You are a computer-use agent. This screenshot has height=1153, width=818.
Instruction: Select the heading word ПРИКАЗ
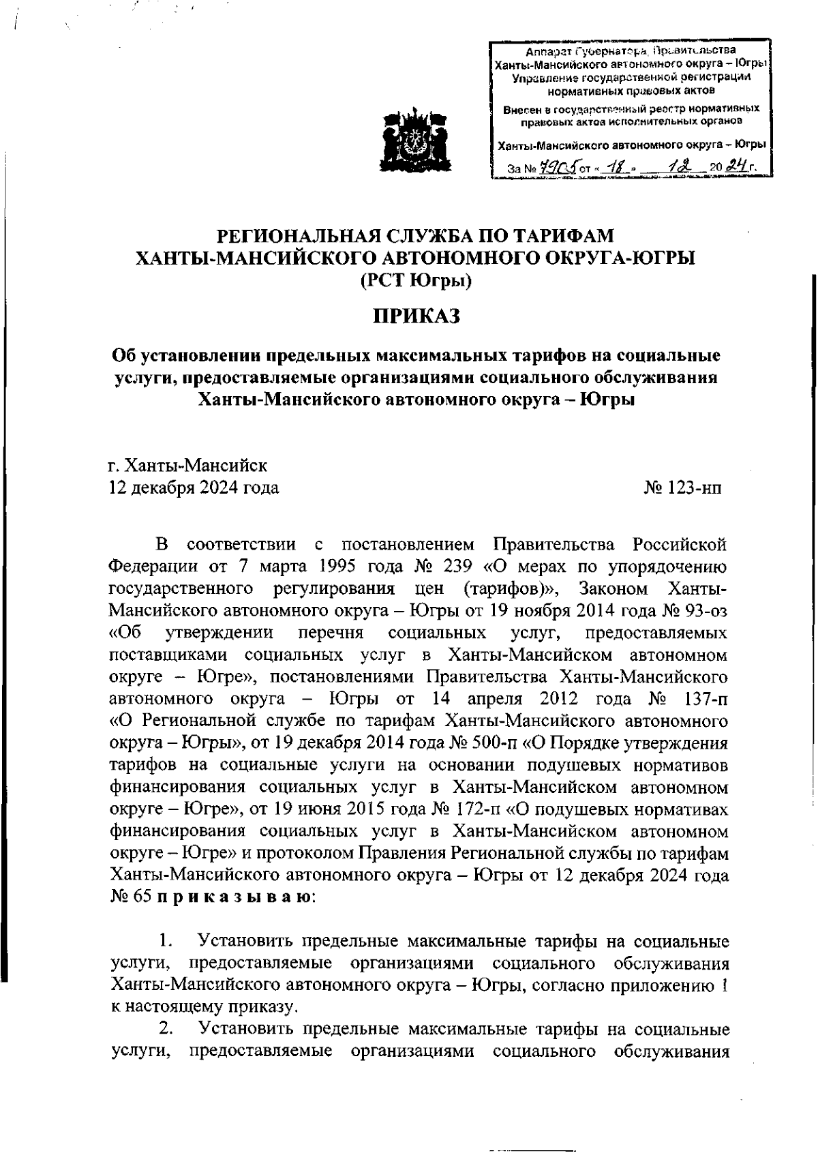pos(415,316)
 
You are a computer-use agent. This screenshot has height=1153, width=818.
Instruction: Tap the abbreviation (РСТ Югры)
pos(415,280)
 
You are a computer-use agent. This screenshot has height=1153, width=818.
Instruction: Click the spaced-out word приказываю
pos(235,898)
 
